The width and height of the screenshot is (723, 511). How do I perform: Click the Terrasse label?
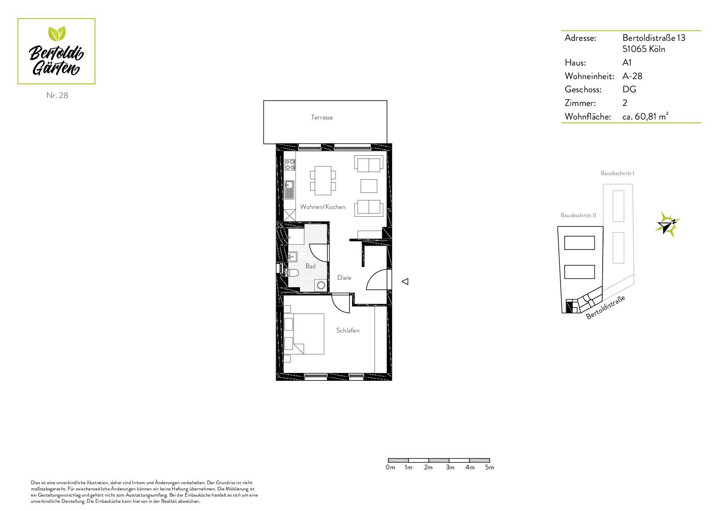coord(322,117)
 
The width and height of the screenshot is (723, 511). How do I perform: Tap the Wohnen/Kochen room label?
coord(323,207)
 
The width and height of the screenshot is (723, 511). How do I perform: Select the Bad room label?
coord(310,266)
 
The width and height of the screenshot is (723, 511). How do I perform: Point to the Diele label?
coord(344,278)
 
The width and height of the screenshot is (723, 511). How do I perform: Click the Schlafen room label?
coord(347,331)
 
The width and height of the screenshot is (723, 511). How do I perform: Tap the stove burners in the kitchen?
coord(290,165)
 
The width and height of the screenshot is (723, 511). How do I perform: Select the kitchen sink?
coord(289,190)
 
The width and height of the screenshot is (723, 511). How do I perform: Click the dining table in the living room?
coord(323,180)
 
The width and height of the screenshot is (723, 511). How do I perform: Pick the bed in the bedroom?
coord(304,334)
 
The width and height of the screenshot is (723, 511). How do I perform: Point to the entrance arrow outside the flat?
coord(405,281)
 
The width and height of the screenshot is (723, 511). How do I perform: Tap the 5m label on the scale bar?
coord(489,467)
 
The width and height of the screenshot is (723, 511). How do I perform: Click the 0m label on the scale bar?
coord(390,467)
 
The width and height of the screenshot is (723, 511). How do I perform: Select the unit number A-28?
coord(632,76)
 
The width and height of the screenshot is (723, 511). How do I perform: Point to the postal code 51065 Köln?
coord(643,49)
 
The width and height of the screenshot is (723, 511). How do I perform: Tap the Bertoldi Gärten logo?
coord(56,52)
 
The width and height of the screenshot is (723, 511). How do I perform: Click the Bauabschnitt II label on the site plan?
coord(578,216)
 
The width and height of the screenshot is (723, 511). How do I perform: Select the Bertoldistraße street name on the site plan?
coord(606,307)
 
